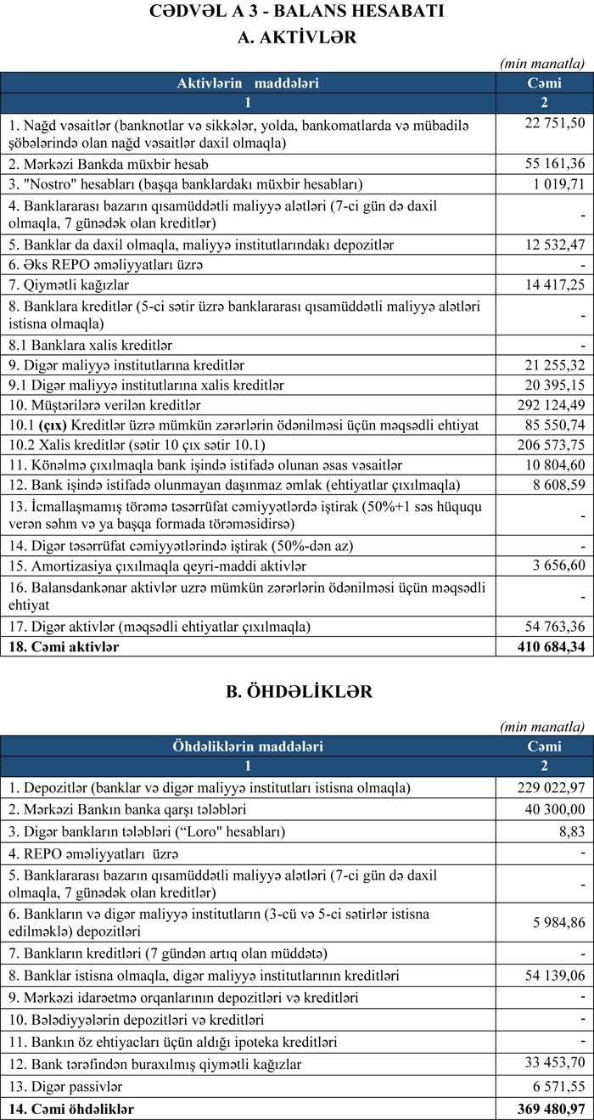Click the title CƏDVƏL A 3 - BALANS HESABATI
[x=297, y=13]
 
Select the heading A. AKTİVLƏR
[x=297, y=37]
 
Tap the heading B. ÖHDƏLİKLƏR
[x=297, y=692]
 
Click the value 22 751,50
[x=555, y=123]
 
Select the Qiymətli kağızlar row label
[x=69, y=284]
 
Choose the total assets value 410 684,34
[x=550, y=647]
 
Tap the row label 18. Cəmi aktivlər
[x=64, y=647]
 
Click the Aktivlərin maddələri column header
[x=249, y=83]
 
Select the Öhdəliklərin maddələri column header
[x=249, y=746]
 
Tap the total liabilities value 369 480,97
[x=550, y=1109]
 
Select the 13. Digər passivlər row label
[x=64, y=1088]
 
